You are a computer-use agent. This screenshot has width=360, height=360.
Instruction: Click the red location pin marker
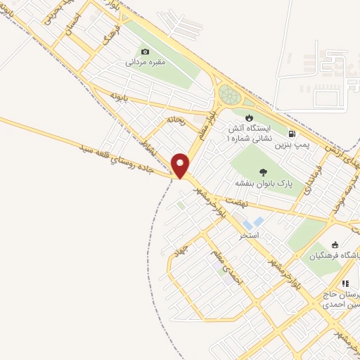click(181, 165)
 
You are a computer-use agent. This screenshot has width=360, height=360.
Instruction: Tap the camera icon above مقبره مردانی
click(146, 51)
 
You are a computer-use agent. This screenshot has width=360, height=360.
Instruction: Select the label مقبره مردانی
click(145, 62)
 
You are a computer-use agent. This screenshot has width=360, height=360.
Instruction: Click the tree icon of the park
click(263, 172)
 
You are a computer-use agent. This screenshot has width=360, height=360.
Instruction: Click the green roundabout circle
click(230, 94)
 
